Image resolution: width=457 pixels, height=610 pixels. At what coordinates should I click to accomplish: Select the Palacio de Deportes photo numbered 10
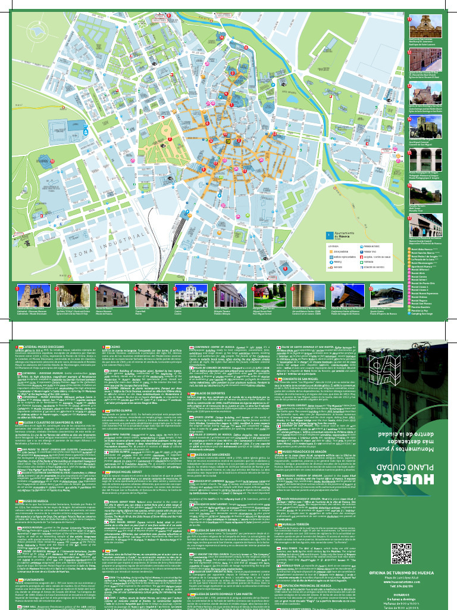[x=384, y=295]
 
